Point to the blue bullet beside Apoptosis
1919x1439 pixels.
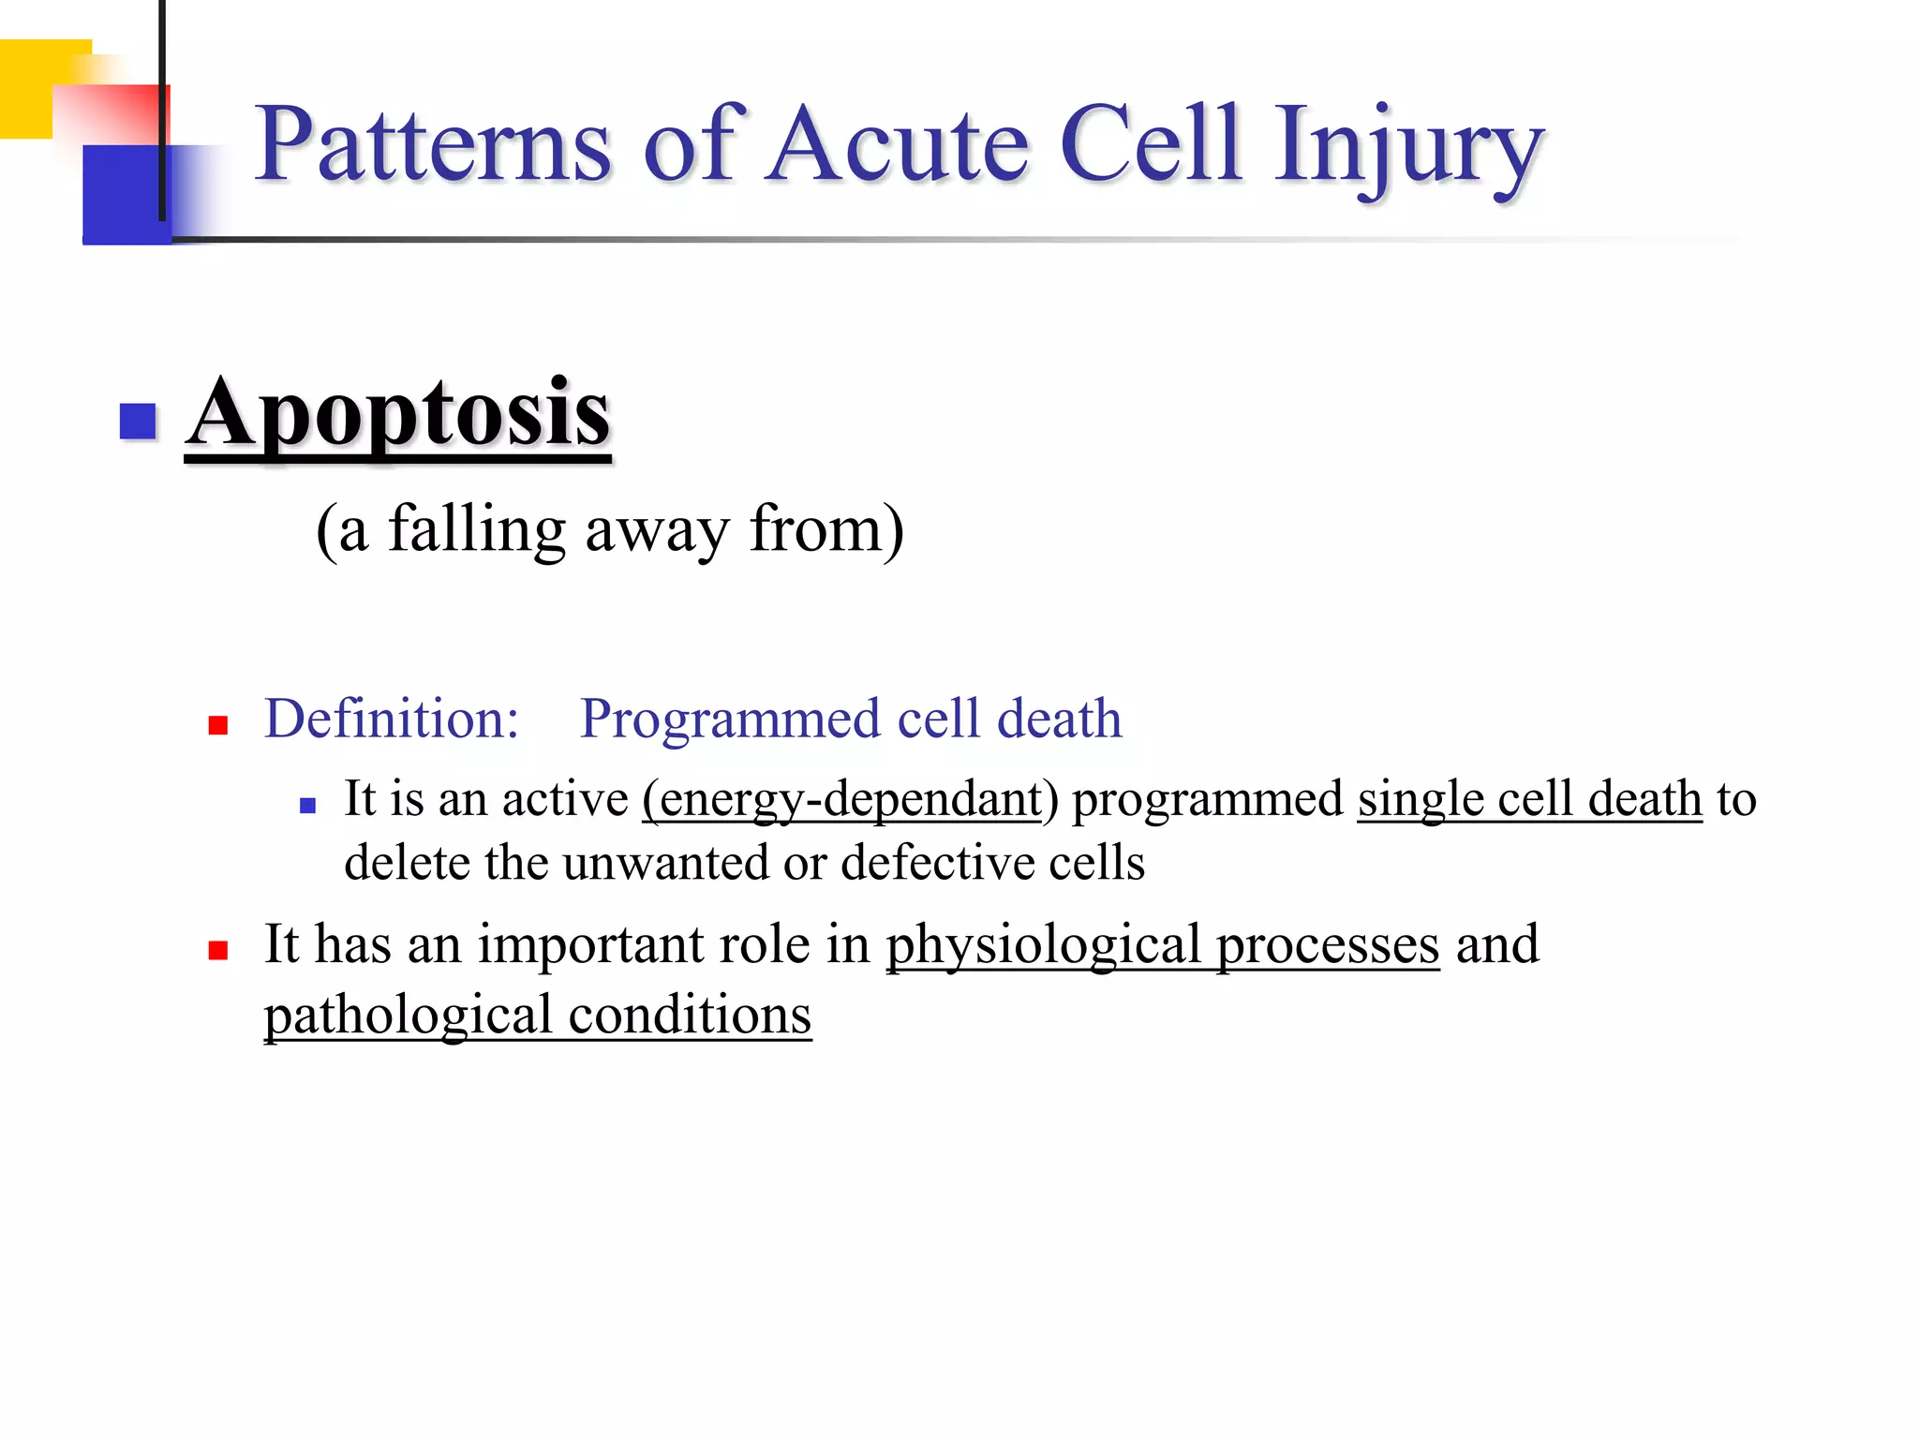pos(138,421)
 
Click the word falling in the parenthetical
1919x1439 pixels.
pos(477,530)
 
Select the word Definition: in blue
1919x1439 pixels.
pos(391,719)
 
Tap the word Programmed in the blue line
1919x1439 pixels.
pos(732,719)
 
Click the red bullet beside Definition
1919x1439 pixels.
pos(218,725)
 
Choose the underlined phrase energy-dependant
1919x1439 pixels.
pos(841,800)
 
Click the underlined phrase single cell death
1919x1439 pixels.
pos(1529,800)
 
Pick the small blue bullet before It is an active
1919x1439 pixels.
pos(307,805)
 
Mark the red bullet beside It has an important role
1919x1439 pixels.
pos(218,951)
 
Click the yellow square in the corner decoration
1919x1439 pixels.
pos(28,89)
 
